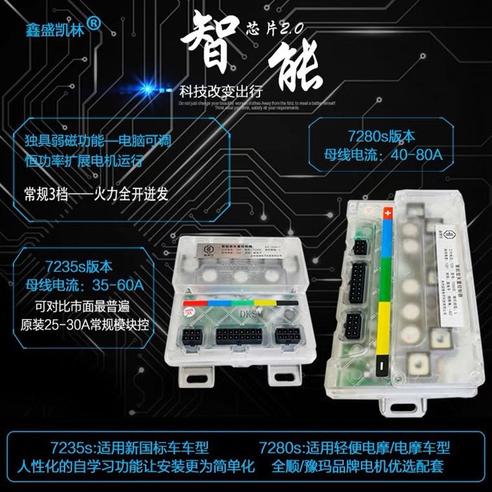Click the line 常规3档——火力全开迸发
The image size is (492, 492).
click(x=96, y=194)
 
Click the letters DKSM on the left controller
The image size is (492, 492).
click(x=247, y=315)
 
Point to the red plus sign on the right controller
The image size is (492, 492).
click(x=387, y=213)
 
